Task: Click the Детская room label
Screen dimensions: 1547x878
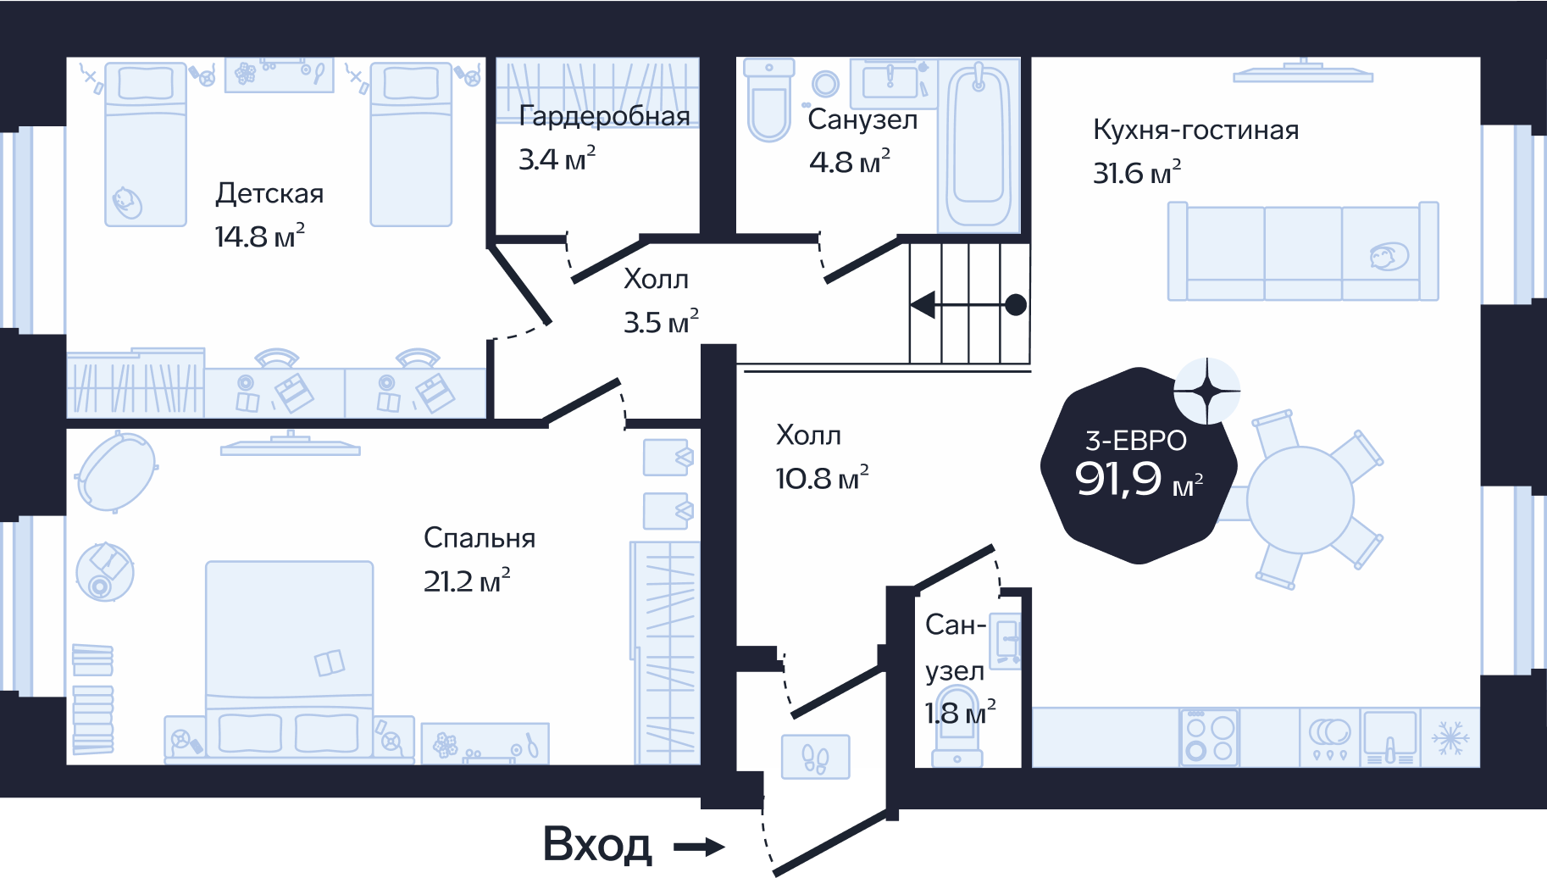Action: tap(269, 194)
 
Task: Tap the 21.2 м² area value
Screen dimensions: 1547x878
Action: tap(467, 581)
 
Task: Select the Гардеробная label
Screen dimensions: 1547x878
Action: tap(605, 115)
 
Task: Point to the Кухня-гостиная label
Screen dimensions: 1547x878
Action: tap(1195, 130)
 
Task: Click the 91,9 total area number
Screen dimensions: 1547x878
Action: tap(1117, 479)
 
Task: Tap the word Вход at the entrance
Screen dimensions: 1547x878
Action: tap(597, 845)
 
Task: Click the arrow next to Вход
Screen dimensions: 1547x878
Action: tap(699, 846)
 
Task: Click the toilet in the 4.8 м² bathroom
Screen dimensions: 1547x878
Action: tap(769, 100)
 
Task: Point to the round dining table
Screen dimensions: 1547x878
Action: tap(1300, 499)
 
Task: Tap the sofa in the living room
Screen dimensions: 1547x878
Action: tap(1303, 251)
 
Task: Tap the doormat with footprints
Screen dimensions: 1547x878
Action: tap(815, 757)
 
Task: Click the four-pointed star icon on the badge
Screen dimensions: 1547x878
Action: tap(1207, 391)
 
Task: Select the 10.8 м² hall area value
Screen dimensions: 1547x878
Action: tap(822, 478)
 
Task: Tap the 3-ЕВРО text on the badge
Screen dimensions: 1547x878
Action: tap(1136, 441)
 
